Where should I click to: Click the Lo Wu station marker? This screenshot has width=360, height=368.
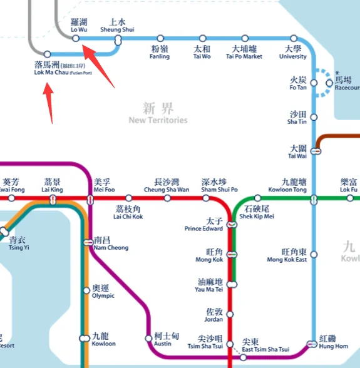tap(75, 38)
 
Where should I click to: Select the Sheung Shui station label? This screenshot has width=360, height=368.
tap(117, 25)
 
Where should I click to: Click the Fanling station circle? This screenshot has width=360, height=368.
tap(160, 38)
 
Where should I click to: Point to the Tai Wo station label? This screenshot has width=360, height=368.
tap(202, 52)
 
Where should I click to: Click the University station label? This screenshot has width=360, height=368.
tap(292, 52)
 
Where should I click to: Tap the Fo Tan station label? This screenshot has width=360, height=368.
tap(298, 84)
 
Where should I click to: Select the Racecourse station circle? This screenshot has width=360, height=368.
tap(329, 83)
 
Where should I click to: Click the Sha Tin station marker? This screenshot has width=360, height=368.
tap(314, 117)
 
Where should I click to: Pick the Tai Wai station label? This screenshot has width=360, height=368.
tap(297, 152)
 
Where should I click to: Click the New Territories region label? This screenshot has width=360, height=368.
tap(158, 113)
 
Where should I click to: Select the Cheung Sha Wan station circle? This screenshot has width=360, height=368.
tap(167, 198)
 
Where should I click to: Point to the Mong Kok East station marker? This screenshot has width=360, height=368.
tap(314, 255)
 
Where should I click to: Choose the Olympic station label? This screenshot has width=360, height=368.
tap(103, 292)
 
